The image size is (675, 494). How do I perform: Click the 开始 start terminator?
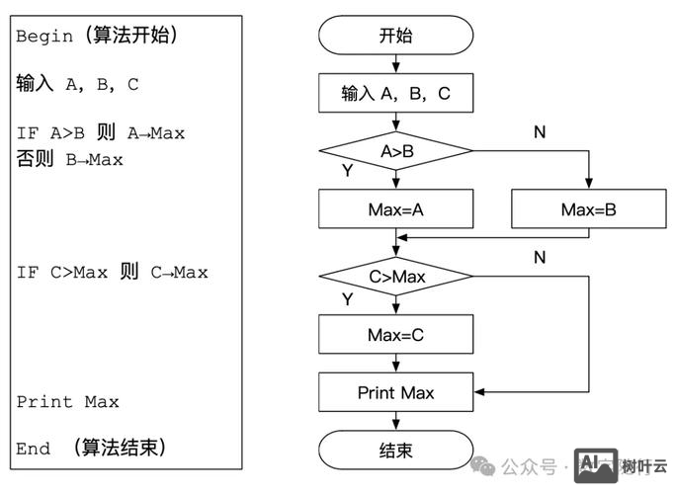tap(395, 36)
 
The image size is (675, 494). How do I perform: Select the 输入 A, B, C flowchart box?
tap(395, 94)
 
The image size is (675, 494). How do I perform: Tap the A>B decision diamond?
tap(395, 151)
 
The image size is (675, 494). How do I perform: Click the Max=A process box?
tap(395, 209)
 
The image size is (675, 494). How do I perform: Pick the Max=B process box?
tap(588, 209)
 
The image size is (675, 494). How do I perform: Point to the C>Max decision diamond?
tap(395, 277)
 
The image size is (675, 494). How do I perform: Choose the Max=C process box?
tap(395, 335)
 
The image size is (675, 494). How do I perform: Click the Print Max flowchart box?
tap(395, 392)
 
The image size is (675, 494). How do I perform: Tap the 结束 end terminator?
tap(395, 451)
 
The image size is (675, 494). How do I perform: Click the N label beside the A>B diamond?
tap(540, 131)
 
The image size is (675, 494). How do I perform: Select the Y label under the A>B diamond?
tap(347, 171)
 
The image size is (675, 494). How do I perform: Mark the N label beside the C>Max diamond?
tap(540, 257)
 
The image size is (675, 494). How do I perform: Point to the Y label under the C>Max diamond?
tap(347, 297)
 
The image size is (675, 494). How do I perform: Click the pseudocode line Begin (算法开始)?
tap(96, 37)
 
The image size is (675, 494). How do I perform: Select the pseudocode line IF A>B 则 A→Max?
tap(100, 133)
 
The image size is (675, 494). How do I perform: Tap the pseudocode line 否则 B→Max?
tap(69, 159)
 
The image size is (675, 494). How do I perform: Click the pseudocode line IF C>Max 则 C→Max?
tap(112, 272)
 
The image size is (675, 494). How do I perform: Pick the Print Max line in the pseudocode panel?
tap(67, 402)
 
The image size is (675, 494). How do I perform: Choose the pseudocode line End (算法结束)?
tap(91, 449)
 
